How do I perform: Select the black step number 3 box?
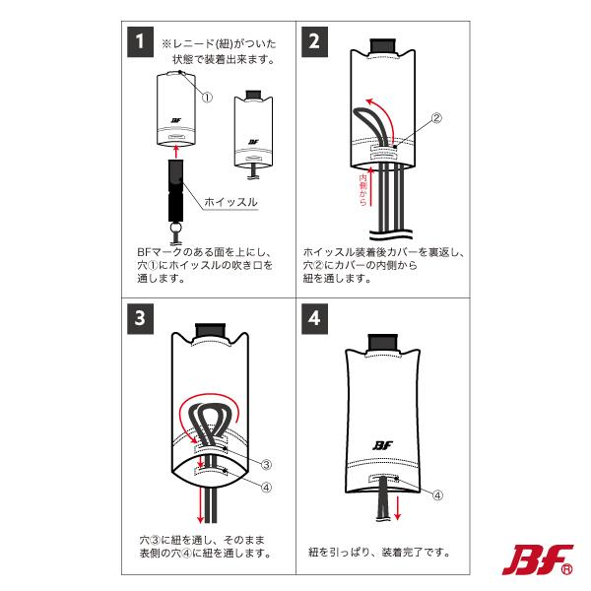[x=142, y=319]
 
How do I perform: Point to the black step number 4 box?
[x=316, y=319]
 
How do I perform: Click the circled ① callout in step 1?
[x=207, y=97]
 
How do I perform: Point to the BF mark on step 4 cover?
[x=383, y=444]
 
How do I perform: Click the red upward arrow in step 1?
[x=175, y=151]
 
